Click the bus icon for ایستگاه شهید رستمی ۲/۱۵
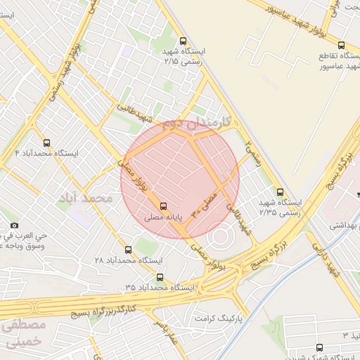tap(184, 41)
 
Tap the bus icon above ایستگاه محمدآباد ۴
tap(47, 142)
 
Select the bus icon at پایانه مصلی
tap(164, 206)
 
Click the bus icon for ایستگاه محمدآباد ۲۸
tap(128, 250)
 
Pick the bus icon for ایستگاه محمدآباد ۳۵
tap(160, 278)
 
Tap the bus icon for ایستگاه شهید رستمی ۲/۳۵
tap(281, 191)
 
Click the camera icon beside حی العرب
tap(15, 226)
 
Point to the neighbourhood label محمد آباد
tap(86, 199)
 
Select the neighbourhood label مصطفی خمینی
tap(23, 334)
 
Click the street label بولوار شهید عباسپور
tap(288, 18)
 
